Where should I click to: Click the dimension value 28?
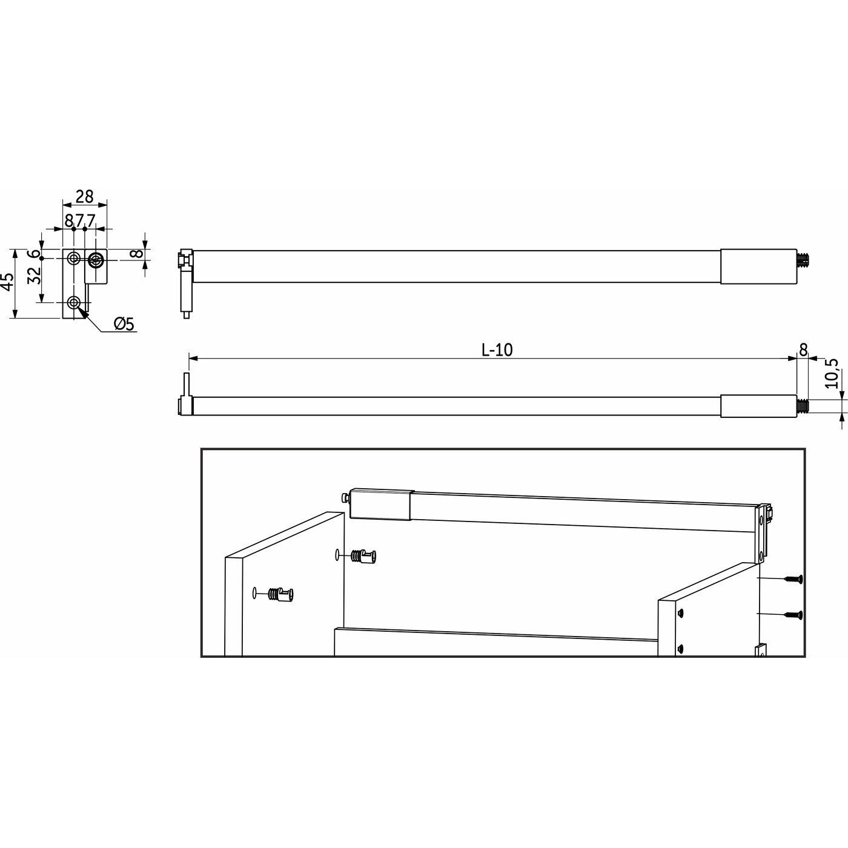[x=85, y=197]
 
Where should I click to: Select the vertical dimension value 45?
[x=7, y=283]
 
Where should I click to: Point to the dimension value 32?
[x=35, y=276]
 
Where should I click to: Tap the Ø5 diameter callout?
[x=123, y=324]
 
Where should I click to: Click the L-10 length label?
[x=497, y=349]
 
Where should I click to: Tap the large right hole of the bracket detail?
[x=96, y=260]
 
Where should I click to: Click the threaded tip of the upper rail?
[x=804, y=260]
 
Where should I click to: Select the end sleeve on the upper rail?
[x=758, y=267]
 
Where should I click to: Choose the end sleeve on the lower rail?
[x=758, y=406]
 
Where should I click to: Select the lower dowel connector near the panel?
[x=282, y=594]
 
